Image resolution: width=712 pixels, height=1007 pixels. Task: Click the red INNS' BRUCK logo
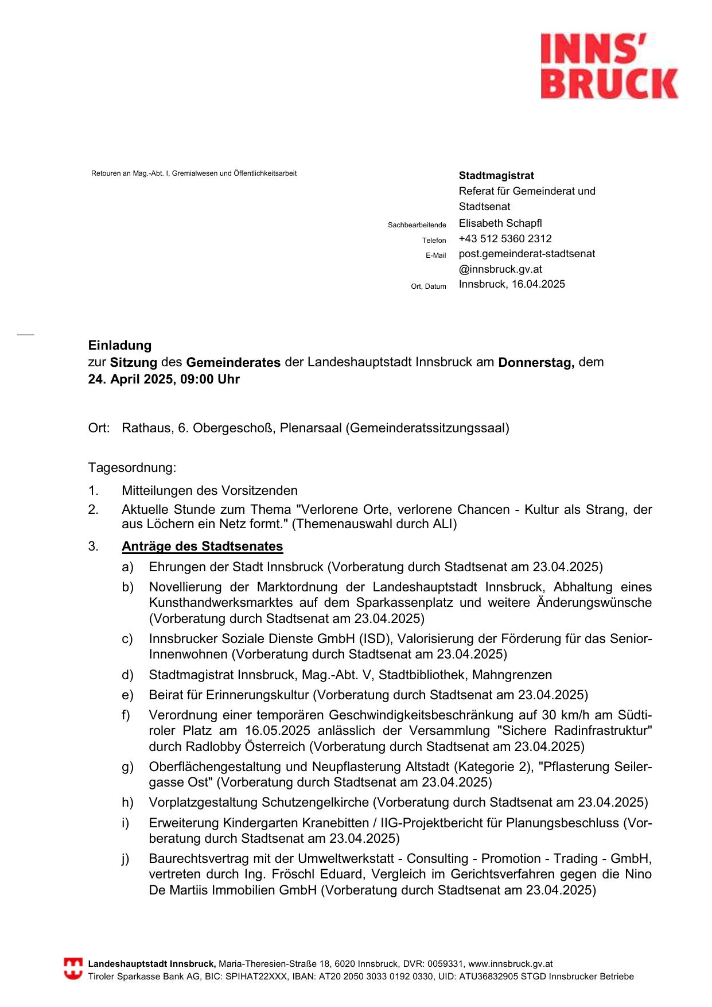(609, 66)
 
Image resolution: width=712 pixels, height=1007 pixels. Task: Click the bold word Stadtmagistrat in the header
(496, 176)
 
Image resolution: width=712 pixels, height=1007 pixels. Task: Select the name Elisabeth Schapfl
(500, 223)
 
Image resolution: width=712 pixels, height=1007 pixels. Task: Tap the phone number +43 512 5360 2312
(505, 239)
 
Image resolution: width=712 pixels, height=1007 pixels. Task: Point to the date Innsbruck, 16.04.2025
(512, 284)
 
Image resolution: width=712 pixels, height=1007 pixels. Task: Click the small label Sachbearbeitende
(417, 225)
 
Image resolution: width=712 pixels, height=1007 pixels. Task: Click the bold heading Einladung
(120, 346)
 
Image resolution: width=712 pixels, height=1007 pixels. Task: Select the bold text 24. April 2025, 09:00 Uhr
(164, 379)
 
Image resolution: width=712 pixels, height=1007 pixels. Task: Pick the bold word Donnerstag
(536, 363)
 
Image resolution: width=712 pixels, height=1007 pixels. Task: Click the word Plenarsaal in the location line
(310, 428)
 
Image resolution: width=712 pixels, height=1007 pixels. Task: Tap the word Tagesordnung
(132, 468)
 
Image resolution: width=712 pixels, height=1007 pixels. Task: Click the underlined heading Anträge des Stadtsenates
(203, 547)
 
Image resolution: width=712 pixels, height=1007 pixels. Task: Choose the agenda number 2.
(93, 510)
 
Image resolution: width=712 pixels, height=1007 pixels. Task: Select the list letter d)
(127, 675)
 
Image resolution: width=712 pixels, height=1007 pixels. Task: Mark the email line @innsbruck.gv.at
(500, 269)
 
